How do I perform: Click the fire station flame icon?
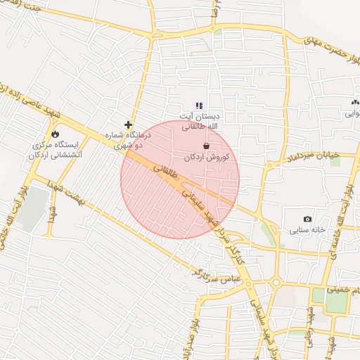[55, 134]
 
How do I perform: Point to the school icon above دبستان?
[198, 105]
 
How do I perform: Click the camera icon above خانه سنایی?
[307, 219]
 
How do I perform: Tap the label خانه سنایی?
[307, 230]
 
